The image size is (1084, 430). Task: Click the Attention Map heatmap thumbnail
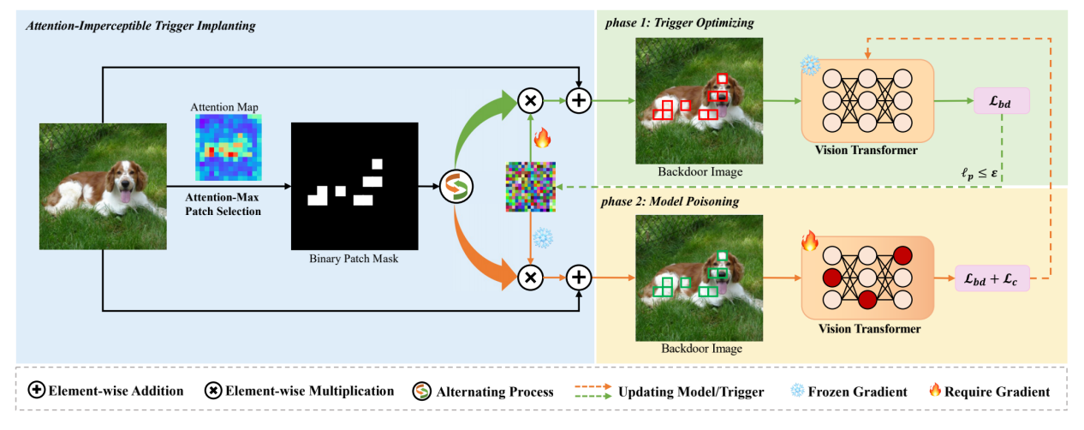pos(227,147)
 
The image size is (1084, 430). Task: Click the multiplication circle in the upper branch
pos(530,100)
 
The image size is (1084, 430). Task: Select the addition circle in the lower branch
pos(580,277)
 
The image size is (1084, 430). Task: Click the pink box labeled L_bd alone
pos(1001,102)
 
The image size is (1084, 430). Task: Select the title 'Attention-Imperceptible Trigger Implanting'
pos(140,27)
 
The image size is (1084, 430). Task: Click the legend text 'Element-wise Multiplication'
pos(309,391)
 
